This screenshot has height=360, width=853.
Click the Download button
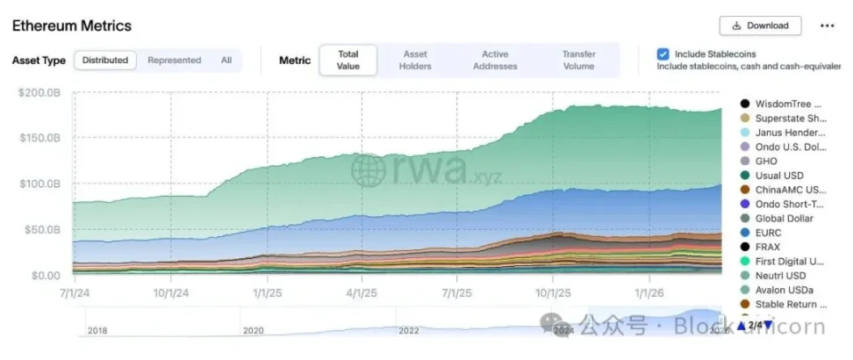(761, 25)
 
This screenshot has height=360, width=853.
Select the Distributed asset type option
(105, 61)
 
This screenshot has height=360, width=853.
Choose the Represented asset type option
(174, 61)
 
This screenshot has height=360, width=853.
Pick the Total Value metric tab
(348, 61)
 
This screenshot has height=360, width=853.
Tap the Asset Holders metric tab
(415, 61)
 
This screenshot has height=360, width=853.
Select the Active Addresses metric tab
(495, 61)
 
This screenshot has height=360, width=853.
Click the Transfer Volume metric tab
(578, 61)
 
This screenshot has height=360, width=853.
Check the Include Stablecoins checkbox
(663, 54)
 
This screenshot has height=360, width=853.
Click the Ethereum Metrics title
(72, 26)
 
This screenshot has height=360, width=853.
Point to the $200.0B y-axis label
(41, 92)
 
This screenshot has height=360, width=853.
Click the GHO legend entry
(766, 161)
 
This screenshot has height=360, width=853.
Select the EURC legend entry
(769, 233)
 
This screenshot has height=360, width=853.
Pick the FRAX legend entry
(768, 247)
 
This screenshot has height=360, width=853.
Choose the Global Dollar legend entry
(784, 219)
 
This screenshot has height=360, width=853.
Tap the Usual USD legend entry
(778, 176)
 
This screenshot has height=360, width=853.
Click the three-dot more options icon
(827, 25)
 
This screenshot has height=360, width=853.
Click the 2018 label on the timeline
(97, 330)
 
